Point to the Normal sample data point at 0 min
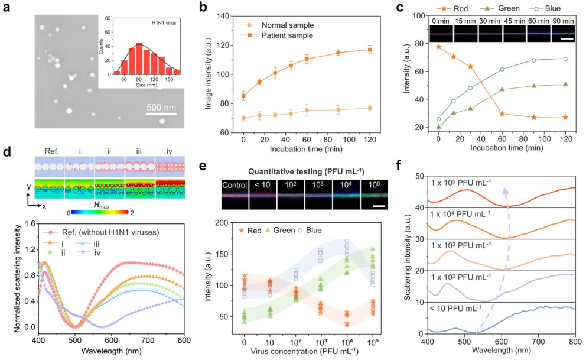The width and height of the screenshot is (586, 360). point(244,118)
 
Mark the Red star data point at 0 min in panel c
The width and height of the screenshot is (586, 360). point(438,46)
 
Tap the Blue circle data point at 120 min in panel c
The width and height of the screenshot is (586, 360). point(566,59)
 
